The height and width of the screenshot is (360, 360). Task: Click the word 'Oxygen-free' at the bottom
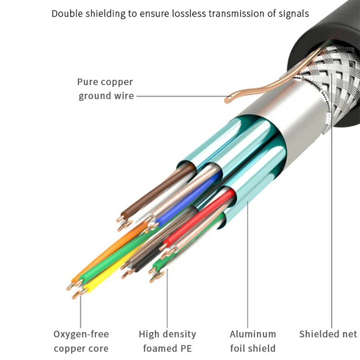point(81,334)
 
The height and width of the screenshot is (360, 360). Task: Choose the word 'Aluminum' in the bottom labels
point(252,334)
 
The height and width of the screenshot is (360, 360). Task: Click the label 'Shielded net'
point(328,334)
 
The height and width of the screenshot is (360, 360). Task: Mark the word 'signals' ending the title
point(293,13)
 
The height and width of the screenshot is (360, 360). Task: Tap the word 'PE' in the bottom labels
point(184,348)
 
